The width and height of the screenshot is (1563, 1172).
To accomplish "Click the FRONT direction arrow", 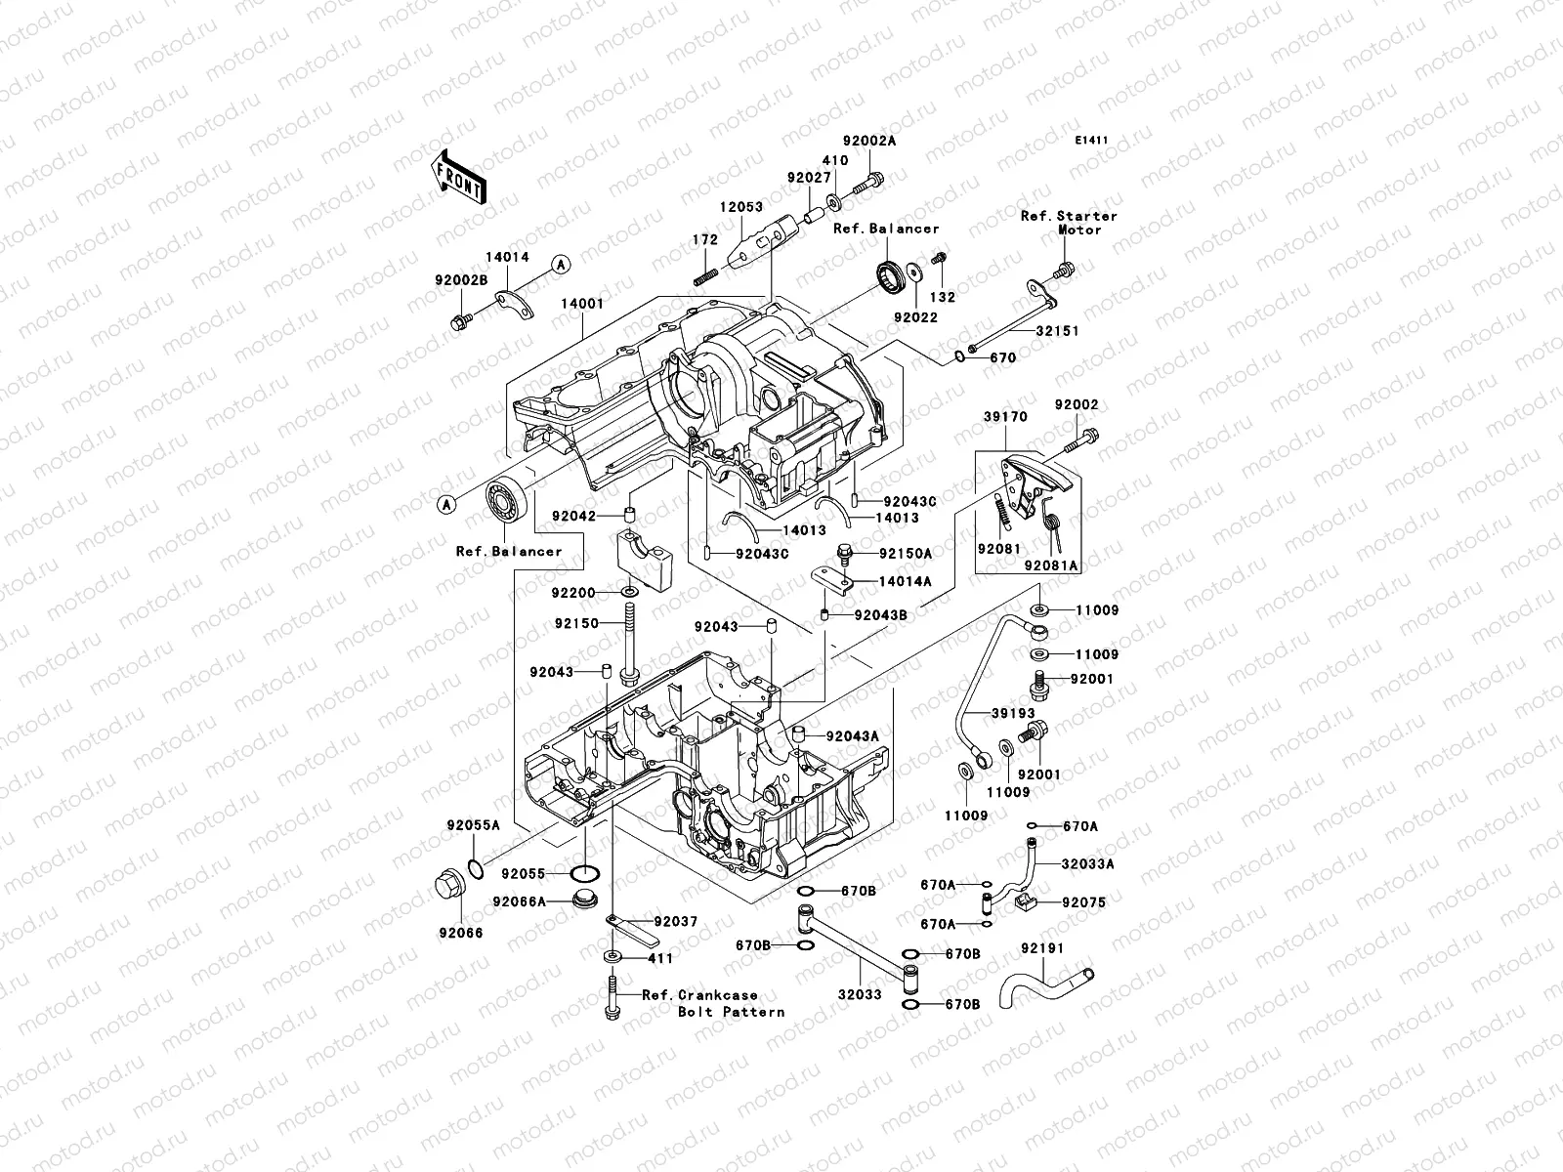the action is [x=458, y=177].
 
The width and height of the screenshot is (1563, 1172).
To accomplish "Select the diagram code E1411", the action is [x=1091, y=141].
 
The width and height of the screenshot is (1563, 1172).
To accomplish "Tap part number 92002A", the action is [x=869, y=141].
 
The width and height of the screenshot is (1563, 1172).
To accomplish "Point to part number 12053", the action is [x=741, y=207].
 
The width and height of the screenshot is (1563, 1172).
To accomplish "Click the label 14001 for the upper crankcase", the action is [x=582, y=304].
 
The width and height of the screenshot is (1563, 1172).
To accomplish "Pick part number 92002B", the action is [x=461, y=280].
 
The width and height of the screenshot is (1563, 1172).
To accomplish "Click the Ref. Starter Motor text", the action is [x=1070, y=223].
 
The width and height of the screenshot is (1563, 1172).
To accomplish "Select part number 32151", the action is [x=1057, y=331].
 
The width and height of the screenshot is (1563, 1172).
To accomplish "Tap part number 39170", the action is [x=1005, y=417].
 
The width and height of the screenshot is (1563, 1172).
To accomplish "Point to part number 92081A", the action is [x=1052, y=565].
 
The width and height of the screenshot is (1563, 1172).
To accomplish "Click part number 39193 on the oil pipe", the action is [x=1013, y=713].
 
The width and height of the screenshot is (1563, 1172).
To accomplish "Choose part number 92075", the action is [x=1083, y=903].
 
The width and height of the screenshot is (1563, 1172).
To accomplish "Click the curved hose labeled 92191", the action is [x=1044, y=985].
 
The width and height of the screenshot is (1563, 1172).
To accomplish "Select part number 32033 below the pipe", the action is [x=860, y=995].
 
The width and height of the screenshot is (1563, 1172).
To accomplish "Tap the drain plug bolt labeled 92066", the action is [x=450, y=885].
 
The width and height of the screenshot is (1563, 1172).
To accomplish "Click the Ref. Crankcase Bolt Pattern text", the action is [x=713, y=1003].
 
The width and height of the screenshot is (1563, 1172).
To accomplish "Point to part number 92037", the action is [x=676, y=922].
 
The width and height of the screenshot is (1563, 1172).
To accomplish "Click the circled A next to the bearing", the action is [x=446, y=505].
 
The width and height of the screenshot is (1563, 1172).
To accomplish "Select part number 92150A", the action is [x=905, y=554].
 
